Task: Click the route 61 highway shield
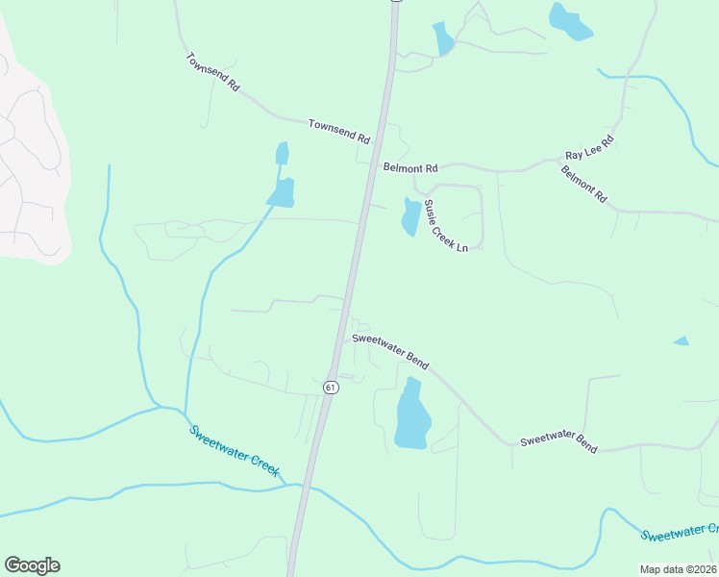(331, 387)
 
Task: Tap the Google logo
(32, 565)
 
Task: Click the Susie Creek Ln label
(446, 225)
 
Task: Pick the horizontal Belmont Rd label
(410, 167)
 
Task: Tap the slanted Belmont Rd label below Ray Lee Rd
(584, 184)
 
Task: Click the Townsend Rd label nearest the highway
(338, 131)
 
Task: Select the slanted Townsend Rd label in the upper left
(212, 72)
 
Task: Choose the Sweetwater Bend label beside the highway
(390, 349)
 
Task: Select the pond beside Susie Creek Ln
(410, 216)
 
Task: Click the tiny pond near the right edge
(681, 341)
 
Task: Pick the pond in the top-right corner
(568, 20)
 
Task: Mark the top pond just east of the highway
(442, 38)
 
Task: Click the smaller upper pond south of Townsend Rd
(282, 153)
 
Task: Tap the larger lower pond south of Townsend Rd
(282, 193)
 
